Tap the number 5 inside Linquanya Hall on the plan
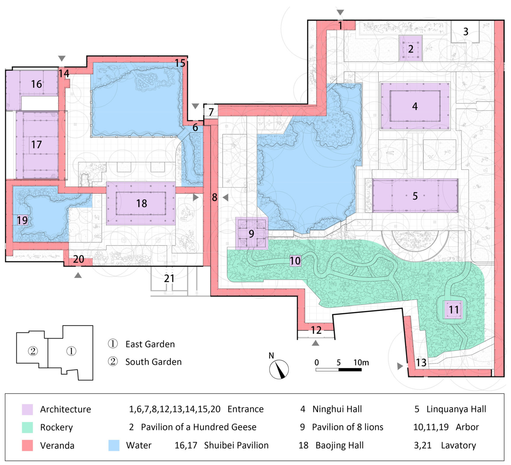pyautogui.click(x=415, y=196)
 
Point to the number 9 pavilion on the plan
pyautogui.click(x=252, y=233)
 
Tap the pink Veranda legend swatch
pyautogui.click(x=27, y=446)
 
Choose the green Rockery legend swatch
pyautogui.click(x=27, y=428)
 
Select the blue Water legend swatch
pyautogui.click(x=114, y=446)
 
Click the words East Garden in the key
pyautogui.click(x=150, y=344)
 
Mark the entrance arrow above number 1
pyautogui.click(x=340, y=12)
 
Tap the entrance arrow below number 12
pyautogui.click(x=315, y=343)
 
